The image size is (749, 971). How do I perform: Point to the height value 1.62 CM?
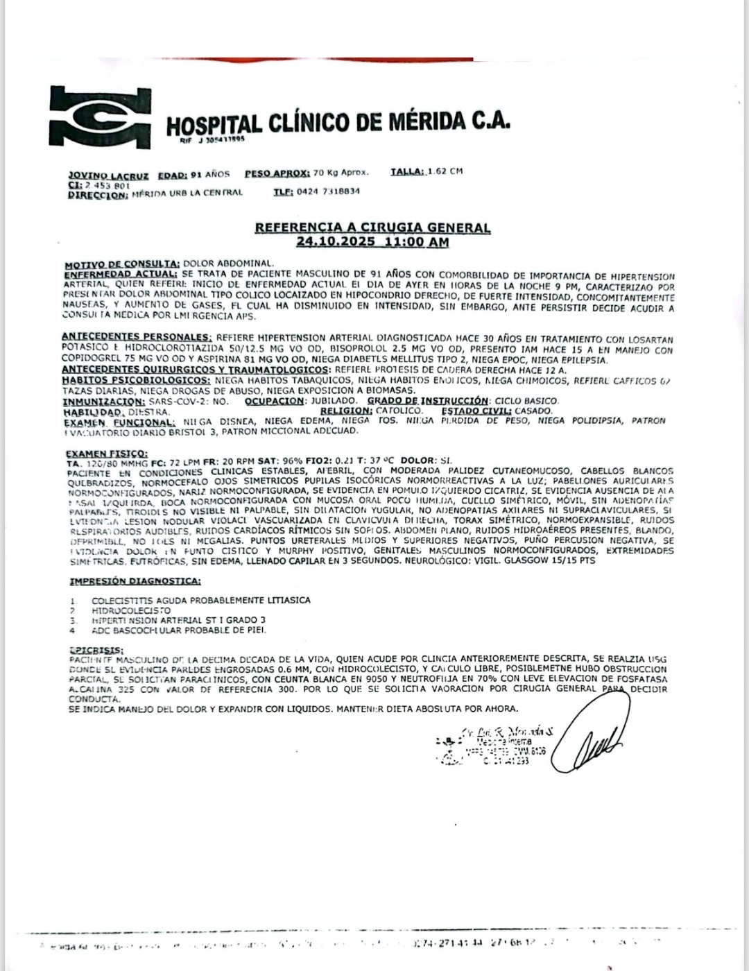click(445, 171)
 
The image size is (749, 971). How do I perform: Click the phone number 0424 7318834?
click(327, 191)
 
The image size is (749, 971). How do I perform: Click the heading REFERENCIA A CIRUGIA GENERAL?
click(372, 227)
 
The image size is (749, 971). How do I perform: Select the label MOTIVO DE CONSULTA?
click(122, 264)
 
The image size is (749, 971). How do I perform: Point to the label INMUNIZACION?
click(104, 401)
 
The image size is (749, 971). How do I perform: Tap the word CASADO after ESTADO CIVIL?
click(534, 411)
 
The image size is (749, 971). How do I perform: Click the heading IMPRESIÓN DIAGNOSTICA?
click(135, 581)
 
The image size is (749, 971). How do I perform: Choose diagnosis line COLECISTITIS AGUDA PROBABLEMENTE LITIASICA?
click(201, 600)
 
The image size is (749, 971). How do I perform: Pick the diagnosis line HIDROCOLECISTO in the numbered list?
click(131, 610)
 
